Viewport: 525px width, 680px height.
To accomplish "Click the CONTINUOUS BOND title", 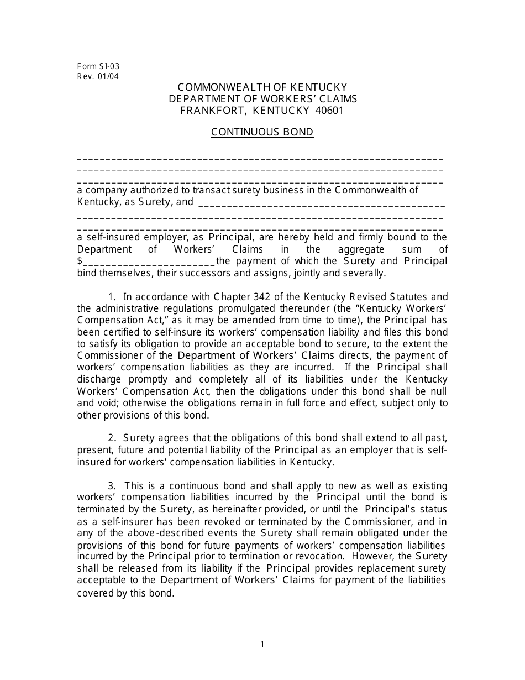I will click(x=262, y=132).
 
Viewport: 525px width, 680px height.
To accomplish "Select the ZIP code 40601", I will click(x=329, y=110).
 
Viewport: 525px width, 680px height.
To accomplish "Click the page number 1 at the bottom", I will click(x=262, y=644).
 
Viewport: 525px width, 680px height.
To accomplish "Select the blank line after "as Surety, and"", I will click(x=321, y=203).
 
